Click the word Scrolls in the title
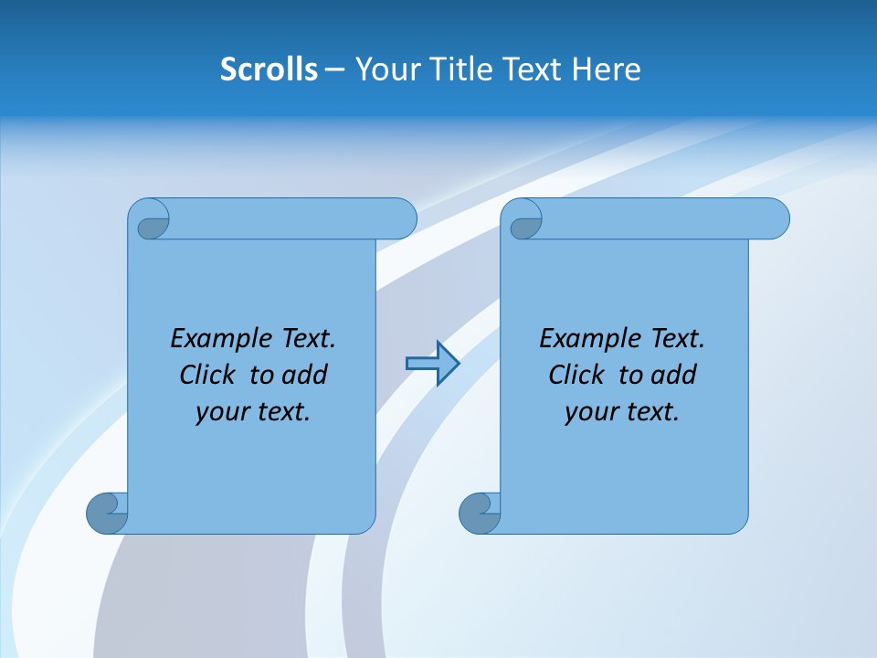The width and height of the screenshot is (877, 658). click(269, 69)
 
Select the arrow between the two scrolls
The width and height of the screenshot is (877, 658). click(432, 364)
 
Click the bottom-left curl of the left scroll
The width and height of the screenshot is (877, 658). click(107, 513)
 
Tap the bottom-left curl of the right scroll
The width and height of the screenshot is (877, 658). click(479, 513)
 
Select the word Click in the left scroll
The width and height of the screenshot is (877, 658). click(208, 375)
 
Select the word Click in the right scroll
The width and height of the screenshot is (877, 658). click(576, 375)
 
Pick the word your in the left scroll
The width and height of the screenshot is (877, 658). click(220, 412)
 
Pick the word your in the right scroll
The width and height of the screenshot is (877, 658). click(589, 412)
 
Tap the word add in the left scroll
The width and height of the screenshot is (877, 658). click(304, 375)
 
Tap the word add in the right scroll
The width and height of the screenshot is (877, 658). click(673, 375)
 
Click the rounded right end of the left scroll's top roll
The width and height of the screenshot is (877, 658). click(402, 218)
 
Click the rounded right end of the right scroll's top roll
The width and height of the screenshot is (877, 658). click(775, 218)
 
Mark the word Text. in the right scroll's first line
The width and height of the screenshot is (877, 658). click(677, 338)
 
